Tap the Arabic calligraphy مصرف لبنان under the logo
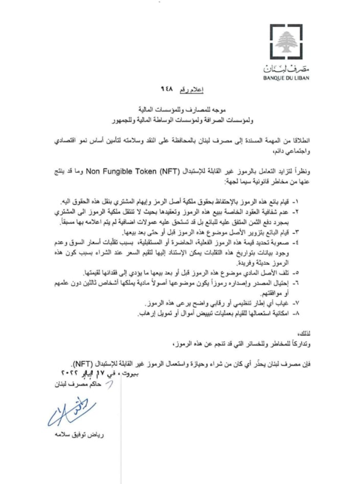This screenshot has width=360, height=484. [x=286, y=69]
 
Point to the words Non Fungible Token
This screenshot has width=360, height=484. [x=121, y=172]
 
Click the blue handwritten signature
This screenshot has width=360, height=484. [x=72, y=412]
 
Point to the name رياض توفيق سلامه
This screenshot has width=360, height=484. [x=79, y=435]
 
